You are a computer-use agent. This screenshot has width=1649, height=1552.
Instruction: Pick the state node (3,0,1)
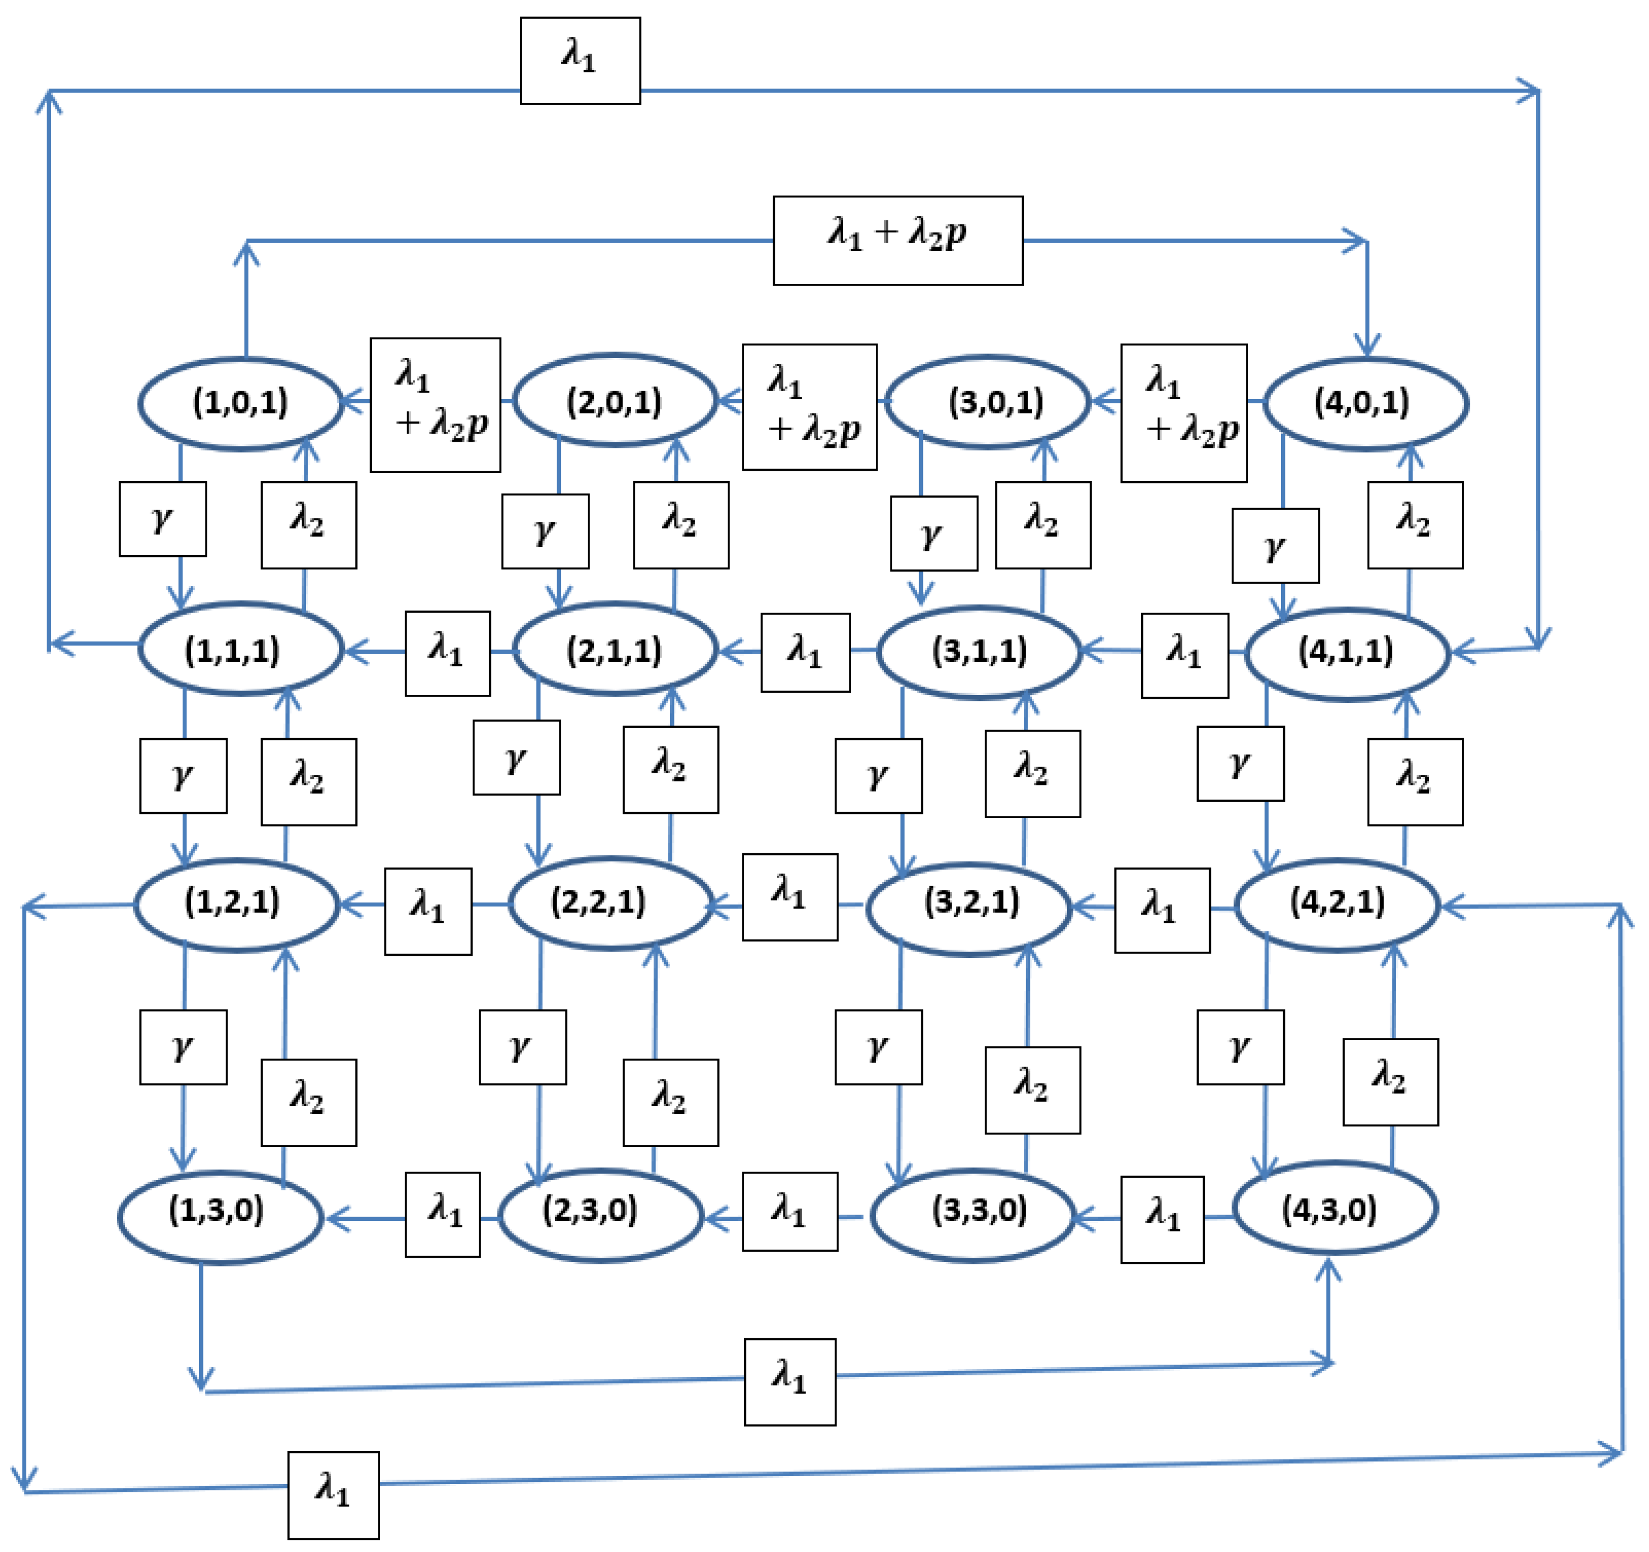[x=988, y=403]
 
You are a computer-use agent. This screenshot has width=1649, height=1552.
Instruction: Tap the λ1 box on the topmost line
[x=580, y=60]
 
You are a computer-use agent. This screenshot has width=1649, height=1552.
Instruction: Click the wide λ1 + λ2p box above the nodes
[x=898, y=241]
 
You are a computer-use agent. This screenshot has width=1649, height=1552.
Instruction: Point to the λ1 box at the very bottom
[x=333, y=1495]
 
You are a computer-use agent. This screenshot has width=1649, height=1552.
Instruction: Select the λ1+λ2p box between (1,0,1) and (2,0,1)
[x=435, y=404]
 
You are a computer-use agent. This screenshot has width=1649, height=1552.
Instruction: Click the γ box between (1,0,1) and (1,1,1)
[x=162, y=519]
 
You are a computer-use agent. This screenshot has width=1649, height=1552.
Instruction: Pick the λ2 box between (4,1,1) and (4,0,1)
[x=1415, y=525]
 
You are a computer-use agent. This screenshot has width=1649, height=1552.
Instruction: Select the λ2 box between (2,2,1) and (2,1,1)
[x=670, y=769]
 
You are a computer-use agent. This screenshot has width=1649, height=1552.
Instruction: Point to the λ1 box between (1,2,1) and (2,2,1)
[x=428, y=911]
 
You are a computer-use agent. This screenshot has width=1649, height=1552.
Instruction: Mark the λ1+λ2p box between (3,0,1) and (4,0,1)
[x=1183, y=413]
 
